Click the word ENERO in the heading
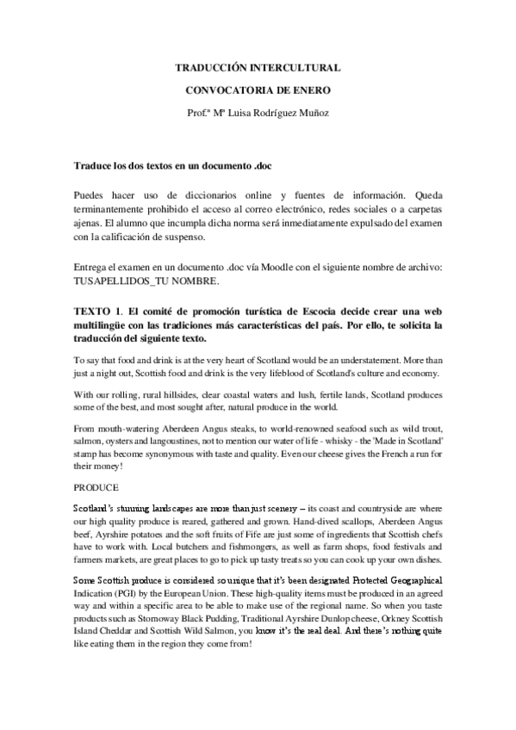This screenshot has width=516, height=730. point(311,88)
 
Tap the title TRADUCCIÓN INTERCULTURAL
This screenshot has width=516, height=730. point(258,66)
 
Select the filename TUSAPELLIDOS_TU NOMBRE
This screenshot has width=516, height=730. point(147,281)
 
